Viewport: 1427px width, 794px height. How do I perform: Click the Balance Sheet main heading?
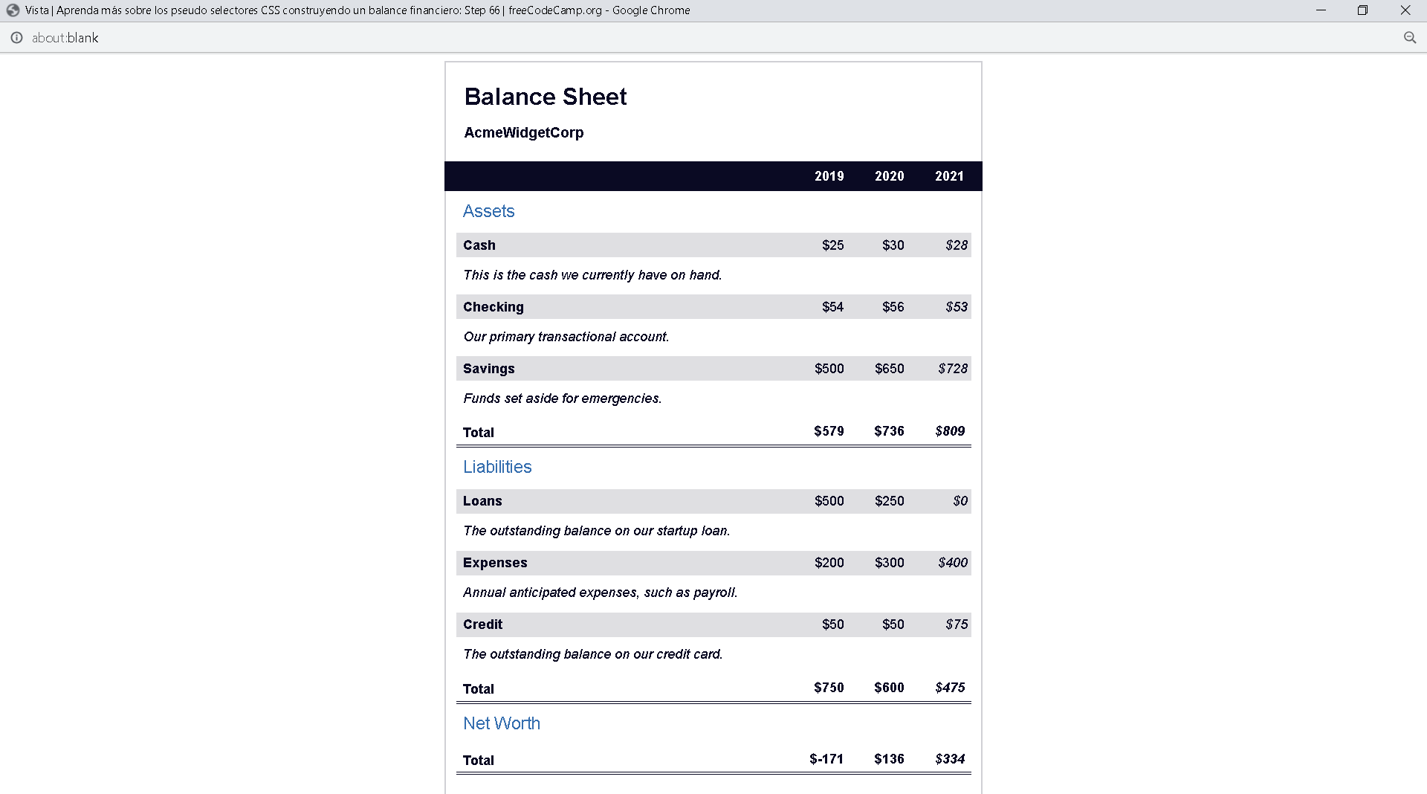(545, 97)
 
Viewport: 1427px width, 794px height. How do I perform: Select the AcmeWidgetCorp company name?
(523, 132)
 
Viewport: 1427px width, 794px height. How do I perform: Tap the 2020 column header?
(889, 176)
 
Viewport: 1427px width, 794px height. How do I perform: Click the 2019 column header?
(829, 176)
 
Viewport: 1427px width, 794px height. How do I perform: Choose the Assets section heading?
(488, 211)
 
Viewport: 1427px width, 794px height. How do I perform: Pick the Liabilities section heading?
(497, 467)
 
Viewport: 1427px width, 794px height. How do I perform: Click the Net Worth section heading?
(501, 723)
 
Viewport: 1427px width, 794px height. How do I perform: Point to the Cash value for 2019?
(832, 245)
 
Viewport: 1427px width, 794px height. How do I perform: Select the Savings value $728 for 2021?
(952, 369)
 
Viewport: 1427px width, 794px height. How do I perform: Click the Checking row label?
(493, 307)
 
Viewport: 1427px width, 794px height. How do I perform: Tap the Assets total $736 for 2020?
(889, 431)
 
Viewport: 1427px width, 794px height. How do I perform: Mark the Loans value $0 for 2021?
(960, 501)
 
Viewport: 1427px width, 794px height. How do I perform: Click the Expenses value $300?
(889, 563)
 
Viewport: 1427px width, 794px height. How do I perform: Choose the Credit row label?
(482, 624)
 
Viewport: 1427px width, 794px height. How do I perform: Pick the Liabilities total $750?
(829, 688)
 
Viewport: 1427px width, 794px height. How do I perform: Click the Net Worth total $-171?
(826, 759)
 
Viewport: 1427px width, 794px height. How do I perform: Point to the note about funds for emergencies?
(562, 398)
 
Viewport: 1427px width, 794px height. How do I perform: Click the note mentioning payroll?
(600, 593)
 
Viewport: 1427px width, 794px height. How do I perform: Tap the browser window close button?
(1405, 10)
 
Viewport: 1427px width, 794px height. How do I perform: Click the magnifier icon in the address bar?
(1409, 38)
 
